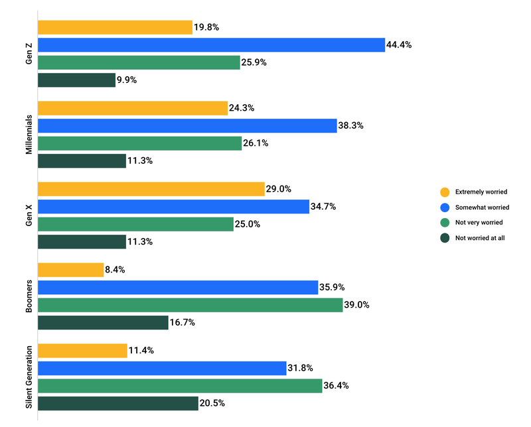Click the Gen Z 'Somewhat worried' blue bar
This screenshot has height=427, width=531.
point(211,45)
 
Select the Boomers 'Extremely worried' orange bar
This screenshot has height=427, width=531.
point(70,270)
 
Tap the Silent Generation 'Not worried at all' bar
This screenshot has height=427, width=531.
point(118,403)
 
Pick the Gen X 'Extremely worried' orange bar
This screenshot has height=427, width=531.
point(151,189)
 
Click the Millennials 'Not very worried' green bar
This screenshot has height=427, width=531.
point(139,143)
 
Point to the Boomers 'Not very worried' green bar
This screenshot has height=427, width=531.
point(190,305)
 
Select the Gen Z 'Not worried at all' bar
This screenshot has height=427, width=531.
point(76,80)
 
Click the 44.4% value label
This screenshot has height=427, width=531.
point(400,45)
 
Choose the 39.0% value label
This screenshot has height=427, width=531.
point(356,305)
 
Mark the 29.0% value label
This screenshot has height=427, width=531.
point(279,189)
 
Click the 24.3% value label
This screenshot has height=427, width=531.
point(242,108)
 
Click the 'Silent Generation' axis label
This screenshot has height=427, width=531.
point(29,375)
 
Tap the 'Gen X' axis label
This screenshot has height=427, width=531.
point(29,215)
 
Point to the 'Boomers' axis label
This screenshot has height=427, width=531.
point(29,296)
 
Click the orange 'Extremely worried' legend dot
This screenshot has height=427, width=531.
point(444,192)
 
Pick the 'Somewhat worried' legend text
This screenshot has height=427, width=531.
point(482,208)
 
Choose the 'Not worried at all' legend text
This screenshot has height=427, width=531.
point(480,238)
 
